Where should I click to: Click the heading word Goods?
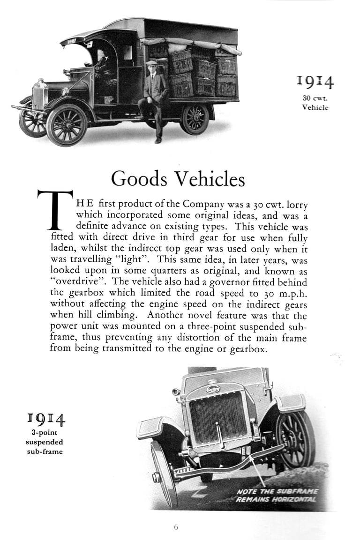pyautogui.click(x=139, y=178)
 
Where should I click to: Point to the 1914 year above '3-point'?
pyautogui.click(x=45, y=419)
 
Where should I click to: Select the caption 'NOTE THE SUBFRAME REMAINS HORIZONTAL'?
pyautogui.click(x=277, y=495)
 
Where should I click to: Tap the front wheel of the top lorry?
pyautogui.click(x=67, y=125)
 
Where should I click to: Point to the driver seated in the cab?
pyautogui.click(x=104, y=66)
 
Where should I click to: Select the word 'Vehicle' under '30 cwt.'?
pyautogui.click(x=315, y=107)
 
